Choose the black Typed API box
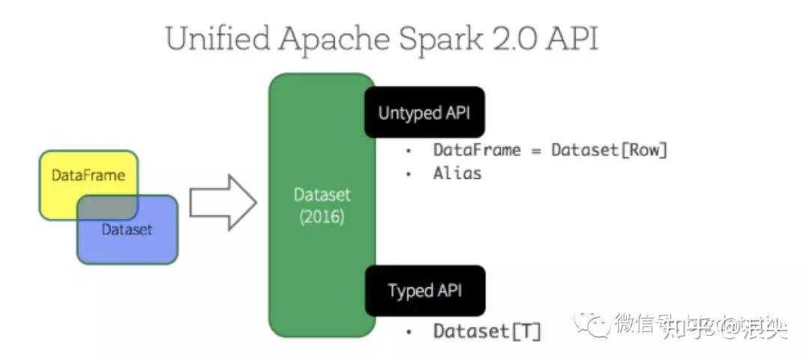point(424,290)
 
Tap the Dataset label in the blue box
point(127,229)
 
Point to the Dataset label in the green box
point(321,196)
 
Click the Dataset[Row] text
point(609,150)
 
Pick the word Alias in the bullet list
point(457,173)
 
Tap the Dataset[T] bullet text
point(486,331)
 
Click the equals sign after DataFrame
point(536,150)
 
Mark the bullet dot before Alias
point(408,173)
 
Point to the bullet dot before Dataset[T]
point(408,332)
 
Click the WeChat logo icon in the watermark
point(599,325)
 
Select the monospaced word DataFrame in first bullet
point(476,150)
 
